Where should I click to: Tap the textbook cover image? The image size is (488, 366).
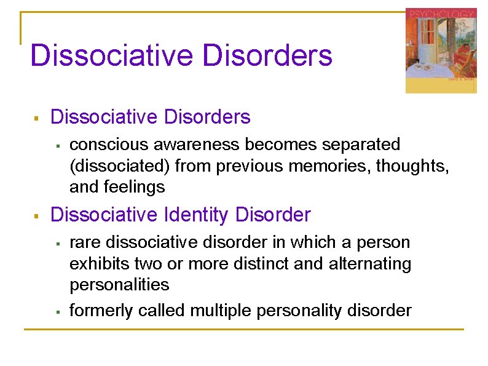[441, 50]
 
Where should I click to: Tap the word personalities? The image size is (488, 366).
[119, 285]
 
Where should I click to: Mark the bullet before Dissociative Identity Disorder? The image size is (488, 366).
[36, 216]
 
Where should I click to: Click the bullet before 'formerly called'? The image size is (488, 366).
[57, 311]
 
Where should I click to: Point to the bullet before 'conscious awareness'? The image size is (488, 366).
[57, 146]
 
